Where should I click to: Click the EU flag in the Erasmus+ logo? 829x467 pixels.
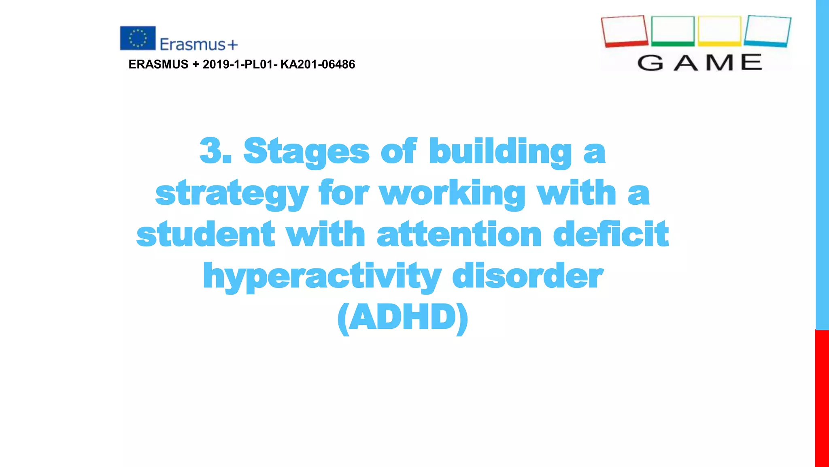[x=138, y=38]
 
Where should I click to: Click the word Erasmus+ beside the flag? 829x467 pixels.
[x=199, y=44]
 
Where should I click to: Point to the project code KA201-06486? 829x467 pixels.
[x=318, y=64]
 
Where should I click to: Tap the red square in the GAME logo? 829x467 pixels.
[x=624, y=31]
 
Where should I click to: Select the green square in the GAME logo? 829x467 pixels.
[x=673, y=31]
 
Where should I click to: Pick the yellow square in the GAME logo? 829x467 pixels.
[x=720, y=31]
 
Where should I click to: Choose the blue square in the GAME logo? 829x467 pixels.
[x=767, y=31]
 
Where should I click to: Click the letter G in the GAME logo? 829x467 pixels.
[x=650, y=63]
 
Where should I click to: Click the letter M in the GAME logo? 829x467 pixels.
[x=720, y=63]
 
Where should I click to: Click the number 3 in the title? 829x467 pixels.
[x=211, y=151]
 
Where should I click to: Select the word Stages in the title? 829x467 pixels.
[x=306, y=152]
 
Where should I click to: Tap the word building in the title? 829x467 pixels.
[x=500, y=152]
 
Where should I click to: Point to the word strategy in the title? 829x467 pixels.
[x=232, y=194]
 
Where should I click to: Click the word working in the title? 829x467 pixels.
[x=452, y=193]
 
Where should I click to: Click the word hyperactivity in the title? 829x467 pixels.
[x=322, y=276]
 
